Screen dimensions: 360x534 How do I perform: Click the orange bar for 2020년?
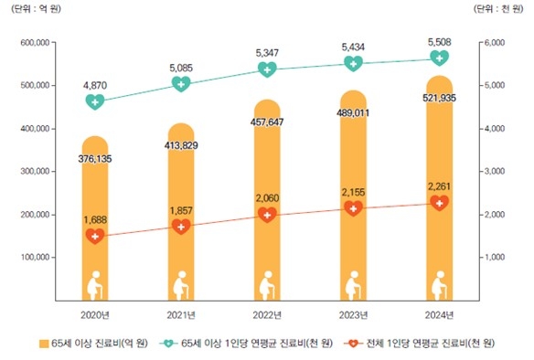pos(94,219)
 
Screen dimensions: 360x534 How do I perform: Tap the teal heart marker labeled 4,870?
pos(95,102)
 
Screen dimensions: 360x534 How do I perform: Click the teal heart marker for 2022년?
pos(268,69)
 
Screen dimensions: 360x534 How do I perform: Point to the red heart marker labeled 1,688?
pos(95,237)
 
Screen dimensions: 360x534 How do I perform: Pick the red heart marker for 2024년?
pos(440,203)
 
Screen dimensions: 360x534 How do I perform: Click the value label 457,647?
pos(267,121)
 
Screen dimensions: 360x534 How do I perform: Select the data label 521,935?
pos(440,96)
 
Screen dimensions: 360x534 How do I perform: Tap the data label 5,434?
pos(354,45)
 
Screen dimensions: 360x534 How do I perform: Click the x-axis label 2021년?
pos(181,314)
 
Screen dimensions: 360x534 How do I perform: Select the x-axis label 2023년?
pos(354,314)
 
